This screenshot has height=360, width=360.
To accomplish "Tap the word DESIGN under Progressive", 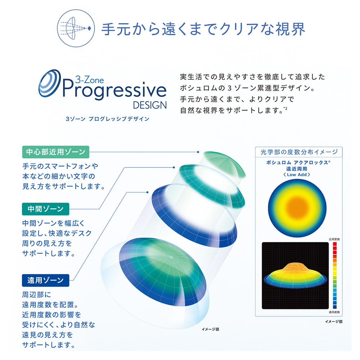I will coord(150,105).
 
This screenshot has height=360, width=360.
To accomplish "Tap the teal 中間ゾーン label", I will coord(45,209).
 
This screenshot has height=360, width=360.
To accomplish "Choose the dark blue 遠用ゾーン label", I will coord(45,279).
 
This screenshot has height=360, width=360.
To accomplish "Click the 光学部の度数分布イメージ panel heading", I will coord(299,152).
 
